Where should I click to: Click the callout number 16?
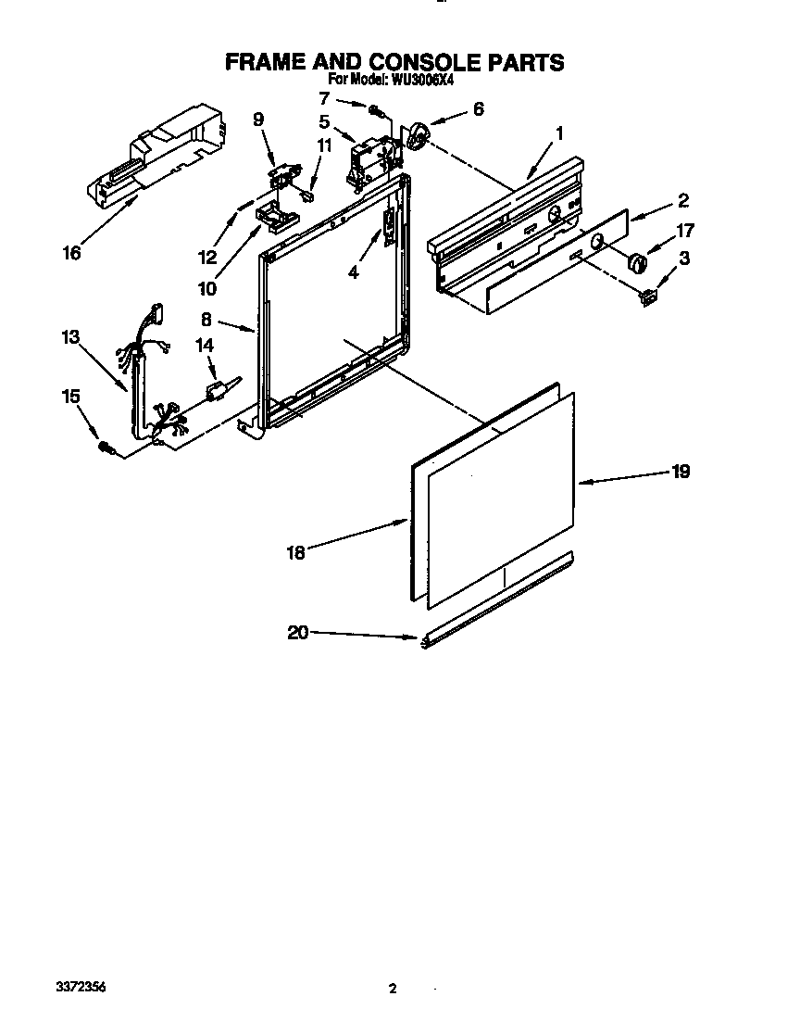(x=72, y=253)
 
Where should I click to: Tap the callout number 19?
(x=681, y=472)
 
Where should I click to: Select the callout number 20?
(x=296, y=633)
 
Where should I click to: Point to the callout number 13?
(x=70, y=337)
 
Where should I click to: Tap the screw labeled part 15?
(x=106, y=448)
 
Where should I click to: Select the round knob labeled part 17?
(x=635, y=262)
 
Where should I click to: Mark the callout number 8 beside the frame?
(x=206, y=319)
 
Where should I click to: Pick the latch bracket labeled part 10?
(x=275, y=215)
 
